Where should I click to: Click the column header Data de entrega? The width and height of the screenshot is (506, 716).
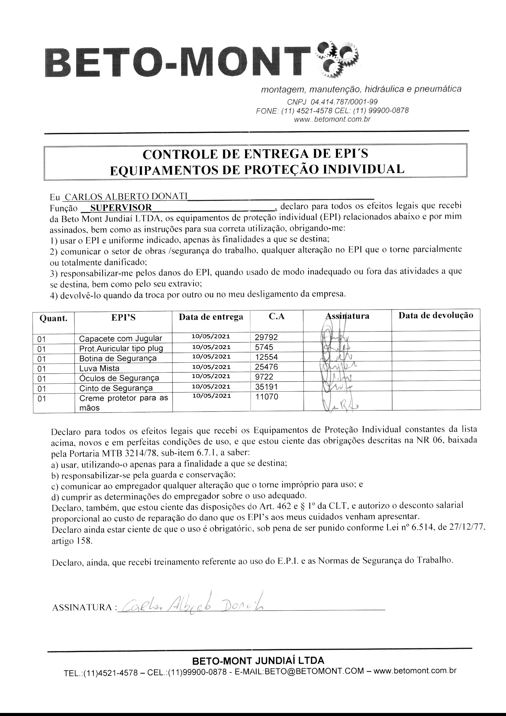pos(211,317)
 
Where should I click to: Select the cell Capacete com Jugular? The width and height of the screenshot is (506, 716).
pos(121,338)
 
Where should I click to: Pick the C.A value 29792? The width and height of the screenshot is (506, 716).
pos(266,337)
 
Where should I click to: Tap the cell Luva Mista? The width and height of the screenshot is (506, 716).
pos(99,368)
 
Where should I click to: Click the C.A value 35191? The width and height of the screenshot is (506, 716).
pos(266,387)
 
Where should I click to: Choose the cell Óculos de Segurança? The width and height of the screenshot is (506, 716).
pos(119,378)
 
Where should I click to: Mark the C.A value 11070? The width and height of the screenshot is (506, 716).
pos(266,397)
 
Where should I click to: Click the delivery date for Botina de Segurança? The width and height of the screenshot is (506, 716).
pos(211,356)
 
